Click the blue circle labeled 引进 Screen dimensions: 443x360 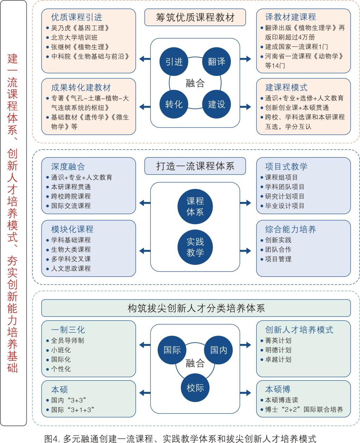(174, 61)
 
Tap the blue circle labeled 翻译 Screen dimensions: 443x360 (216, 61)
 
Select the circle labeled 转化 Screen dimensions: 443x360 (174, 104)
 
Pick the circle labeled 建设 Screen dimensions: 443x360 (216, 104)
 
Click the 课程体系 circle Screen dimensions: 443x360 (195, 206)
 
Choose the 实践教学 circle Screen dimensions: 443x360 (195, 247)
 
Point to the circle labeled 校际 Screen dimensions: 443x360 (195, 388)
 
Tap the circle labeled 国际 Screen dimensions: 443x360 (172, 350)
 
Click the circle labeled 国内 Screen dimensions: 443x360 (219, 350)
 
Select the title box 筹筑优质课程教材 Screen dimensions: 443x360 (195, 18)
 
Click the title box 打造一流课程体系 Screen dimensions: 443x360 (195, 166)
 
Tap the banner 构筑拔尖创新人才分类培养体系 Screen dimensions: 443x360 (196, 308)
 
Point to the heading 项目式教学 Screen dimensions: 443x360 (286, 167)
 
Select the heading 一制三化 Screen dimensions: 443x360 (68, 330)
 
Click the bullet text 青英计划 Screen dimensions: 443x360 (278, 340)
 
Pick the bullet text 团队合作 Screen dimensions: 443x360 (278, 249)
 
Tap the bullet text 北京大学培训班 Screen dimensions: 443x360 (74, 37)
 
